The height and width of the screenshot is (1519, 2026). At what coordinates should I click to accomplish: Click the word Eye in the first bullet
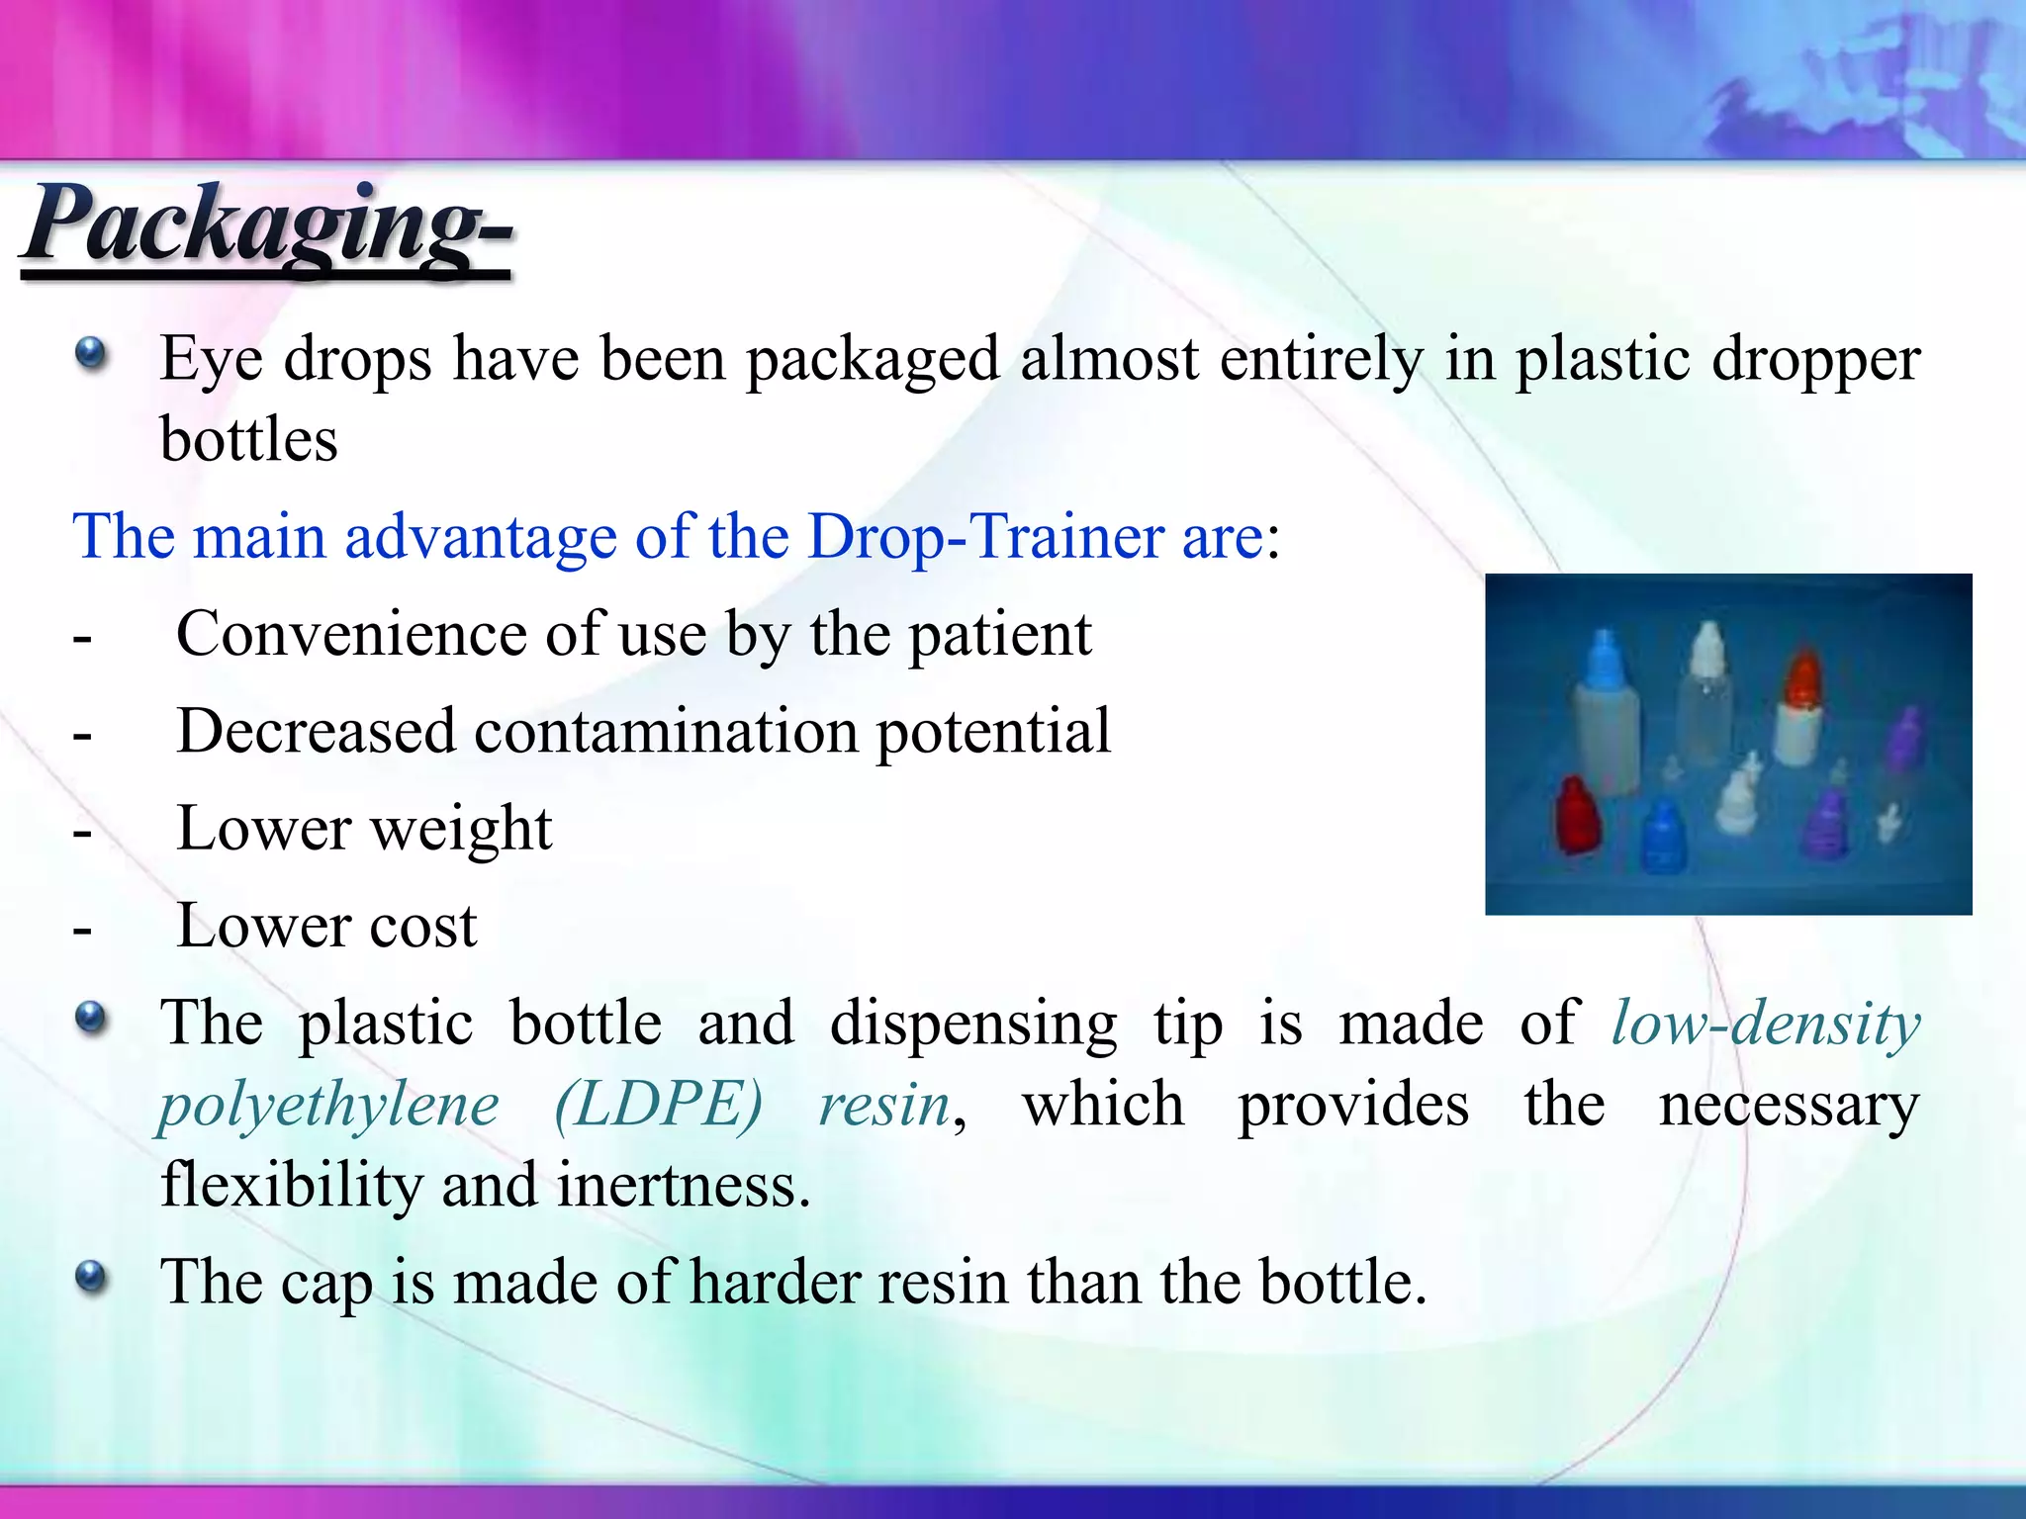(x=210, y=358)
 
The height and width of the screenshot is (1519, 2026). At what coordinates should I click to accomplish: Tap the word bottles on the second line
(x=248, y=440)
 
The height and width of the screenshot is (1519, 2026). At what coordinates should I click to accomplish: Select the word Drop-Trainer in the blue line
(x=985, y=537)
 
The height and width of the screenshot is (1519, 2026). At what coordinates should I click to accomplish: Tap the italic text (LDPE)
(x=658, y=1105)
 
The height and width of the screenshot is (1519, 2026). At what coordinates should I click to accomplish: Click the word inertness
(x=682, y=1185)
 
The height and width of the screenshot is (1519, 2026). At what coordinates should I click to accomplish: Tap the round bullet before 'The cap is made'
(x=91, y=1278)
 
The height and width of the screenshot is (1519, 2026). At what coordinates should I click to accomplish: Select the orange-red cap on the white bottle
(x=1803, y=677)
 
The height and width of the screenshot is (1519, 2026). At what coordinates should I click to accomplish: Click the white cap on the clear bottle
(x=1708, y=649)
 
